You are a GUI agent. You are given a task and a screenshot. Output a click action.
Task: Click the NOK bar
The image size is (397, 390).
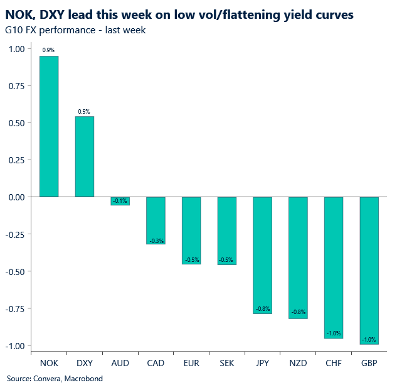pos(49,126)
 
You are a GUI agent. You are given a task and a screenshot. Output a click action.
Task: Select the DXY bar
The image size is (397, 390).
pos(85,156)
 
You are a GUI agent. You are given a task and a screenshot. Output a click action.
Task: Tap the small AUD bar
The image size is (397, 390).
pos(120,201)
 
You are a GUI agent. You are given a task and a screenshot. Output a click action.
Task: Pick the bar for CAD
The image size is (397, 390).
pos(156,220)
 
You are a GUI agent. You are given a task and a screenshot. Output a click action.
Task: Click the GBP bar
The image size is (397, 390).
pos(369,271)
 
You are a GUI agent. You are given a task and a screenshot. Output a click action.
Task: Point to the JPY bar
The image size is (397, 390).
pos(263,256)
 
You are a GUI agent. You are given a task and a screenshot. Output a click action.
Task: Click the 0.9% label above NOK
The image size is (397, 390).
pos(48,50)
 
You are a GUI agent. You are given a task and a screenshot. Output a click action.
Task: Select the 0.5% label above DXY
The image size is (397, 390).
pos(84,112)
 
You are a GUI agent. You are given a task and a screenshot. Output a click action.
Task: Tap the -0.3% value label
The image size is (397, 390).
pos(157,241)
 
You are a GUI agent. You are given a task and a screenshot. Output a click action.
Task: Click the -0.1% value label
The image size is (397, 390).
pos(120,201)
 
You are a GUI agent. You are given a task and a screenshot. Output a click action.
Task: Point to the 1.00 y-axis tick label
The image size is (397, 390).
pos(17,49)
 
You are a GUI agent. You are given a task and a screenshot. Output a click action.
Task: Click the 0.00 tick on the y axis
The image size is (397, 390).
pos(17,197)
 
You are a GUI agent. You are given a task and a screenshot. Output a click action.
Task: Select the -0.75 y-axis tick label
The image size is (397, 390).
pos(15,309)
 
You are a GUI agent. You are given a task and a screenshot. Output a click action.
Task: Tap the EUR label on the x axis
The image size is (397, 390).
pos(191,363)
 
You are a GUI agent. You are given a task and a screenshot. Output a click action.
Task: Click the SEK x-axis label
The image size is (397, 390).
pos(227,363)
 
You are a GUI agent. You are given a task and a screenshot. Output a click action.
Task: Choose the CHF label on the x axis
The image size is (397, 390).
pos(334,363)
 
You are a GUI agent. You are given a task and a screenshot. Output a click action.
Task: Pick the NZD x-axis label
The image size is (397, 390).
pos(298,363)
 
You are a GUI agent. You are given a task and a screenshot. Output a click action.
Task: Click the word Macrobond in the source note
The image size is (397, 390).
pos(83,379)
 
